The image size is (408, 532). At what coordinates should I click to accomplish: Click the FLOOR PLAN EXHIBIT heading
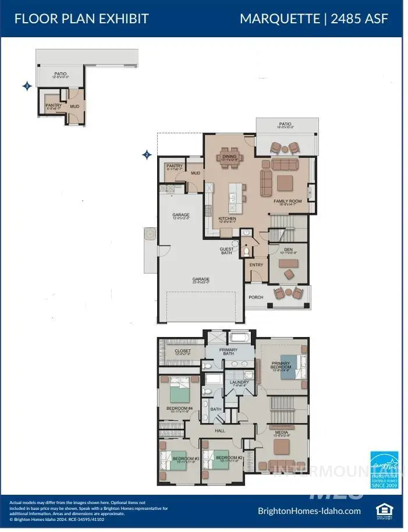click(81, 18)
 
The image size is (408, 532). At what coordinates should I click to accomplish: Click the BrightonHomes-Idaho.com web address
click(309, 511)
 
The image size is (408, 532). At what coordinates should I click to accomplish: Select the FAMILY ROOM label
click(289, 201)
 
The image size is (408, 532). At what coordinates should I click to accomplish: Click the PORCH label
click(256, 297)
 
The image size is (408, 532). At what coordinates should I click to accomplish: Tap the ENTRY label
click(256, 265)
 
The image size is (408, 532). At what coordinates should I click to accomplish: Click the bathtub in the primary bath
click(239, 337)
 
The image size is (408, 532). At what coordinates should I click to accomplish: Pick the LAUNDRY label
click(239, 382)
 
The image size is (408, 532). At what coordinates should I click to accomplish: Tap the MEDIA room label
click(281, 432)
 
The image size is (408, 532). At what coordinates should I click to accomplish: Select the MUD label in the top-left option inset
click(74, 107)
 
